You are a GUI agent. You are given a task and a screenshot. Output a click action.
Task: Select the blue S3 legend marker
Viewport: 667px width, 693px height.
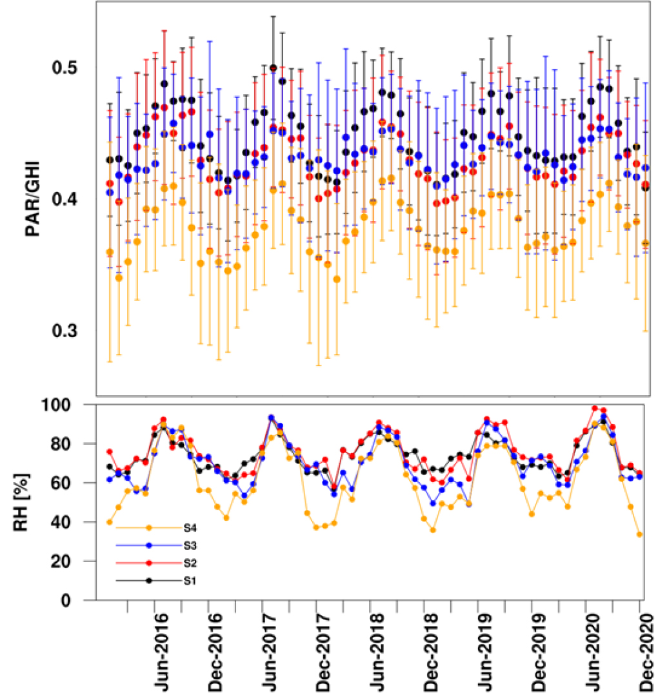[149, 545]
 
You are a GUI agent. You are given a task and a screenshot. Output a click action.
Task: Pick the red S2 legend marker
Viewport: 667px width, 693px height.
[149, 563]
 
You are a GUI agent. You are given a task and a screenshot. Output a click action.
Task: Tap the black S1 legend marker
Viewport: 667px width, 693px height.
[149, 581]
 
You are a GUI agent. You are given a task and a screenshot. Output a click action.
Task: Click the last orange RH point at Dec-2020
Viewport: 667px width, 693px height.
[639, 534]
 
